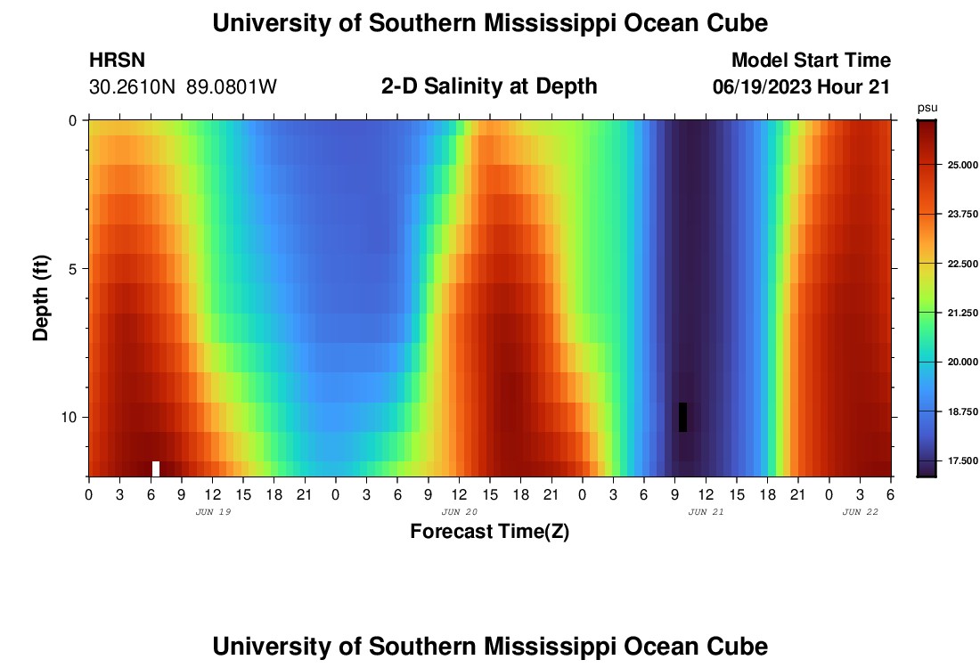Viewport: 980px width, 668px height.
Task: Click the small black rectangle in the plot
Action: (682, 417)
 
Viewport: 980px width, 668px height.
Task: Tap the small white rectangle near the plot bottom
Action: (156, 468)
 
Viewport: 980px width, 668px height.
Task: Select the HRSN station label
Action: (117, 61)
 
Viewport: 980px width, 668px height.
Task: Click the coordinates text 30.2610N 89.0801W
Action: (183, 87)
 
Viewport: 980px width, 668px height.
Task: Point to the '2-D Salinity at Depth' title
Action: (489, 86)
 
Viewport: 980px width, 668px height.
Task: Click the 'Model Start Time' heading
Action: (811, 61)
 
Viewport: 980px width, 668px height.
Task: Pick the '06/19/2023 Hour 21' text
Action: (802, 87)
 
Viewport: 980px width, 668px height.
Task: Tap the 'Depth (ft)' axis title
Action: (40, 298)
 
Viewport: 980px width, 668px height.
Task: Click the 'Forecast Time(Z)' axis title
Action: (489, 532)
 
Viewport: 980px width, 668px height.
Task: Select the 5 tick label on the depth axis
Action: (74, 268)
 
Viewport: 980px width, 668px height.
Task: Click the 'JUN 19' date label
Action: (213, 512)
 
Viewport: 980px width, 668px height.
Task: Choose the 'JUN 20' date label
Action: (460, 512)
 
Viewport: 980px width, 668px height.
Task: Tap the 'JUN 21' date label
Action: (706, 512)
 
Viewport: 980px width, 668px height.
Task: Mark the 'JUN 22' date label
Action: (861, 512)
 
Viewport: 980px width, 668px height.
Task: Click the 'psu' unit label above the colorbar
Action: (927, 108)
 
